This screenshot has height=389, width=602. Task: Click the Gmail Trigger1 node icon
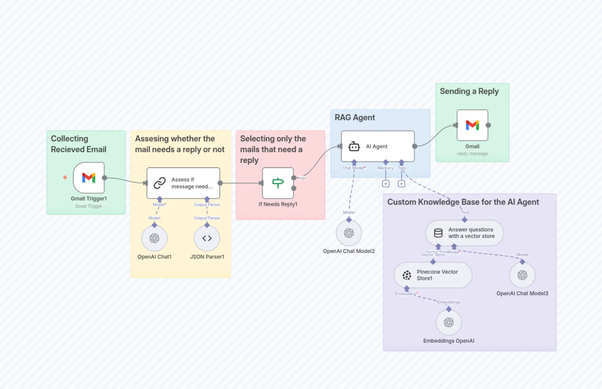89,178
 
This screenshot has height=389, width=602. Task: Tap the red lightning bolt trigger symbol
65,178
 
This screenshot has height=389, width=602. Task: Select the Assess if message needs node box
183,183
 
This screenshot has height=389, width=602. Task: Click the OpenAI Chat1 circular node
154,238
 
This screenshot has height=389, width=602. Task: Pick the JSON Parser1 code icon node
207,238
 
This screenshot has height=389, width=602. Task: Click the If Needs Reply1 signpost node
278,183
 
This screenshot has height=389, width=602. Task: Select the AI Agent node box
377,146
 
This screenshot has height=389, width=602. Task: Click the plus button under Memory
386,184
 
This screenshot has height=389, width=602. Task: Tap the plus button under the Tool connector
401,184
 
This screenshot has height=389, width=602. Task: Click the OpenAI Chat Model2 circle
349,233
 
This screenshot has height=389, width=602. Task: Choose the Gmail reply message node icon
472,125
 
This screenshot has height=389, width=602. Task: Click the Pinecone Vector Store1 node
433,275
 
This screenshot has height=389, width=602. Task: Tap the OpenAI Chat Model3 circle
522,275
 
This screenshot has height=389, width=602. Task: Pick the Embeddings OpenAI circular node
449,322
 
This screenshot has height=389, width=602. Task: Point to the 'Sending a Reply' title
469,91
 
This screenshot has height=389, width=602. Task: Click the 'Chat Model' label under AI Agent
353,168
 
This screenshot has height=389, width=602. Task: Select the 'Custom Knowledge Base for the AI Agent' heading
463,202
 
